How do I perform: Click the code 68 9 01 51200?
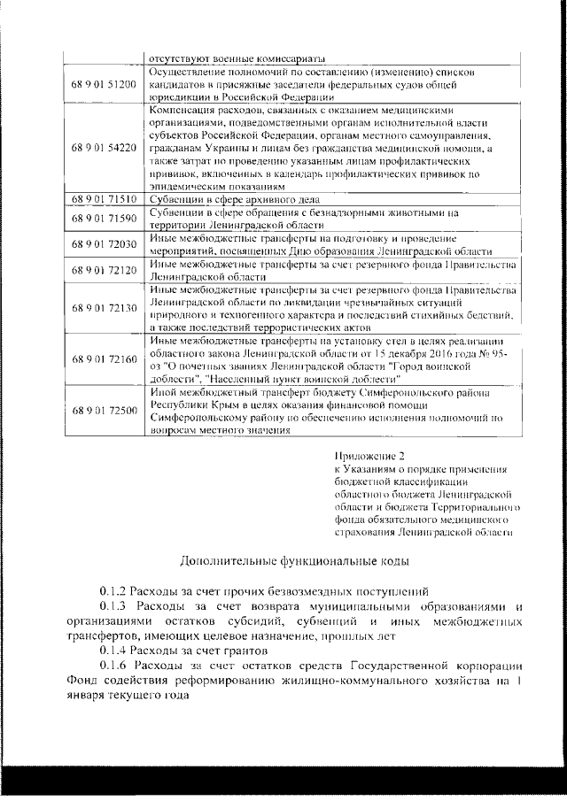point(105,84)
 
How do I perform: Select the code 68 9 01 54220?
point(105,147)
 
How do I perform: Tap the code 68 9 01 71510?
point(105,200)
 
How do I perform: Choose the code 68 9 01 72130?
point(105,308)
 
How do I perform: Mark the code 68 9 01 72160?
point(105,359)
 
